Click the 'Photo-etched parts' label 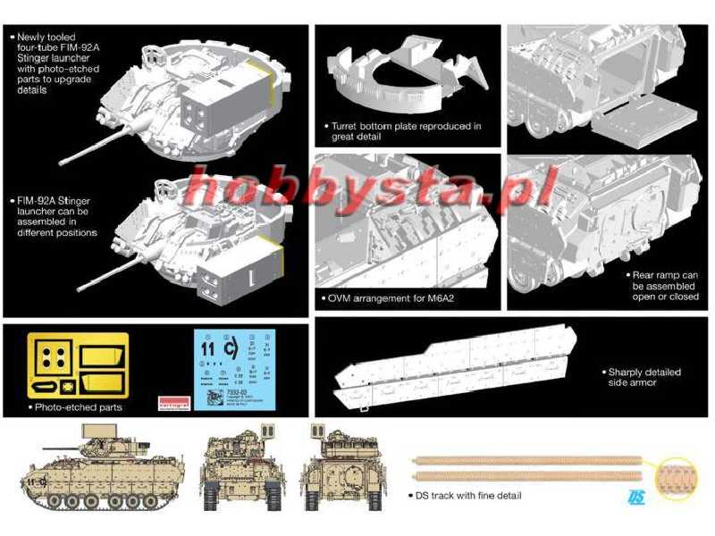(79, 406)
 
